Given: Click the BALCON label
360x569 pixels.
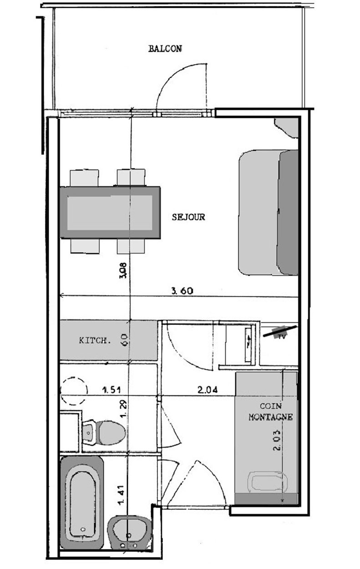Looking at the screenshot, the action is tap(165, 49).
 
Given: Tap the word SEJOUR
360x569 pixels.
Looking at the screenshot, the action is tap(188, 217).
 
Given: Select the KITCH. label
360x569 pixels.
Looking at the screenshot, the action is tap(95, 340).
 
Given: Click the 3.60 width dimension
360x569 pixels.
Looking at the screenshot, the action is tap(182, 291).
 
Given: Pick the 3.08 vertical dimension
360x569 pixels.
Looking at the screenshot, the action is tap(123, 270).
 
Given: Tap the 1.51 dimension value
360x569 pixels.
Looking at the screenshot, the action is tap(111, 389).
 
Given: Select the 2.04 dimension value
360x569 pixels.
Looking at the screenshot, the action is tap(208, 389).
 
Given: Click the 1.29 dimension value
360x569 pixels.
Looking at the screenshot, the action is tap(123, 413).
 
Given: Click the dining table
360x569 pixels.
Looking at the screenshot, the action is tap(110, 213).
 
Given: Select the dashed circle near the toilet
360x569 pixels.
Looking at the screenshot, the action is tap(74, 391).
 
